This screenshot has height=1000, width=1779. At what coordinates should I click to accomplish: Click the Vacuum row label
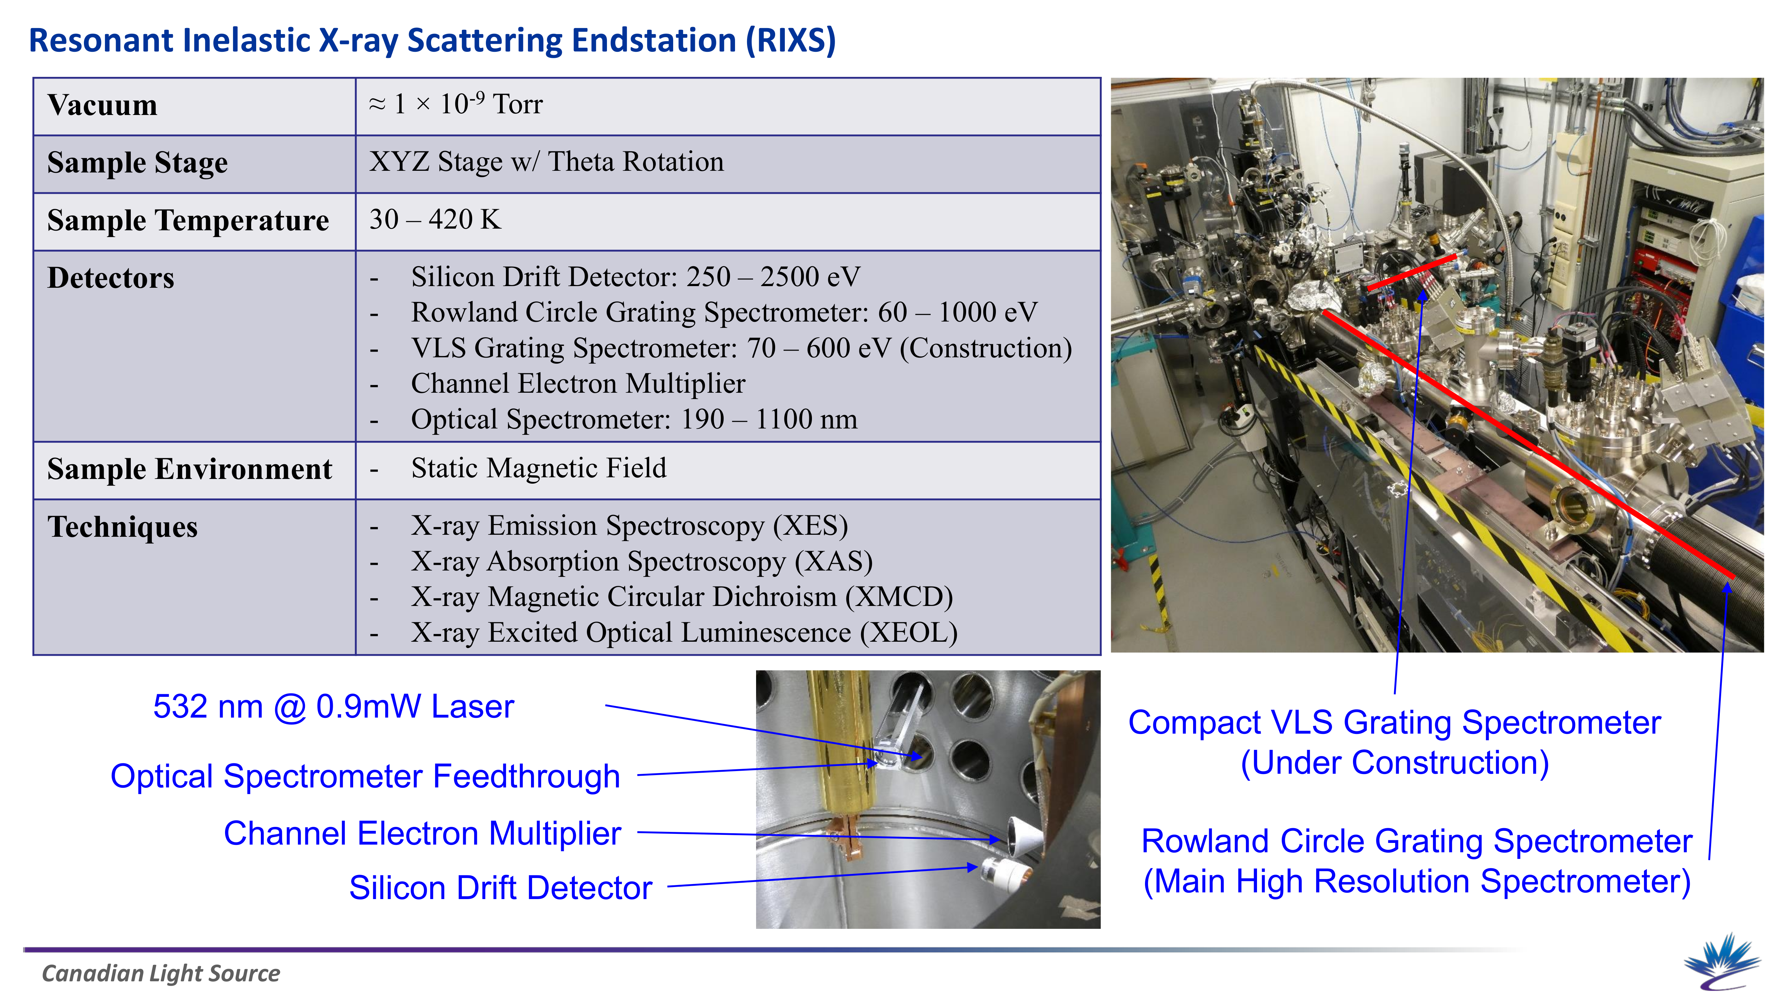click(102, 106)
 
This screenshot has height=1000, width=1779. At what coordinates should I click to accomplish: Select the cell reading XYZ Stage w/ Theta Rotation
click(546, 162)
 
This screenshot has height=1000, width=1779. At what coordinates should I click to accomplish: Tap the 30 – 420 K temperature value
click(435, 220)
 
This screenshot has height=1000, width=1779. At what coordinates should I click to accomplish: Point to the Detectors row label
click(110, 278)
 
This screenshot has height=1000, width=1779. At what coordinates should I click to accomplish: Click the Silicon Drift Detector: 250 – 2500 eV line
click(635, 277)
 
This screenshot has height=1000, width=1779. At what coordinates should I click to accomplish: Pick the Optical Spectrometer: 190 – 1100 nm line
click(634, 419)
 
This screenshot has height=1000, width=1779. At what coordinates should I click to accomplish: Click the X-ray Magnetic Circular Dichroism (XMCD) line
click(682, 597)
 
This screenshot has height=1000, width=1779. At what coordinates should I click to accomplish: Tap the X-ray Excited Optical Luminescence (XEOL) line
click(684, 633)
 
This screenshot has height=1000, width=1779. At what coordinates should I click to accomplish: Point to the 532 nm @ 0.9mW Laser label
click(334, 707)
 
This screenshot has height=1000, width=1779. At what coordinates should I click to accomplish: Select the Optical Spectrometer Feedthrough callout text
click(365, 776)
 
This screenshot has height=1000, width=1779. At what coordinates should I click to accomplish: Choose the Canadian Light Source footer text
click(161, 974)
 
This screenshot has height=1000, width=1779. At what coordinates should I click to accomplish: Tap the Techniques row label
click(122, 527)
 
